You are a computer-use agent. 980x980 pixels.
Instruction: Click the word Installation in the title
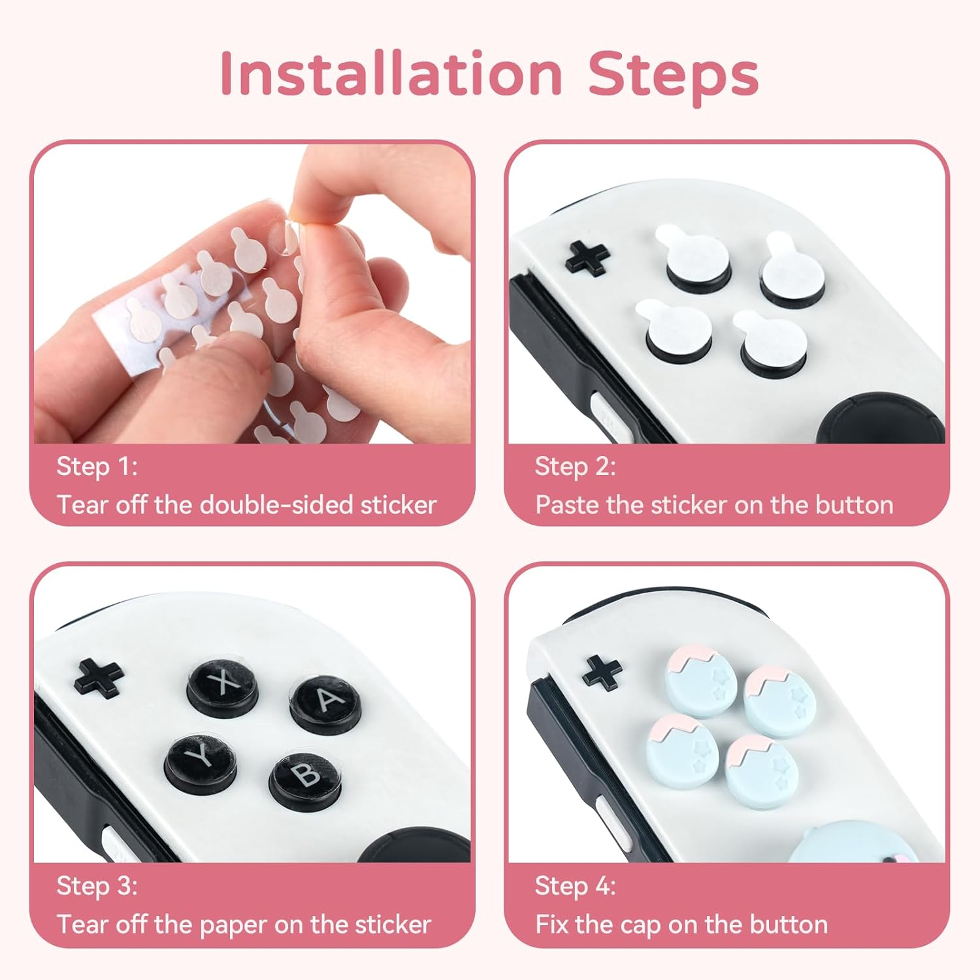click(x=391, y=74)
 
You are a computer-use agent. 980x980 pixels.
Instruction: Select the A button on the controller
click(x=325, y=701)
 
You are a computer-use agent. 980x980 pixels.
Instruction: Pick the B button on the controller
click(x=304, y=777)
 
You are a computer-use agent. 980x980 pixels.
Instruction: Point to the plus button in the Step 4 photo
click(x=602, y=672)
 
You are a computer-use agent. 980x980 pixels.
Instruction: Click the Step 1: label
click(x=97, y=466)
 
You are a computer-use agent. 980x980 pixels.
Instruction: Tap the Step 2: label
click(x=575, y=466)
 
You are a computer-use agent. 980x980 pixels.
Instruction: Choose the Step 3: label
click(x=97, y=886)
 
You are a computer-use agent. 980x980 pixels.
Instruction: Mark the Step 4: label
click(x=575, y=886)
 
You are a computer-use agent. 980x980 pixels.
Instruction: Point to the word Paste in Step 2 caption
click(x=566, y=505)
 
